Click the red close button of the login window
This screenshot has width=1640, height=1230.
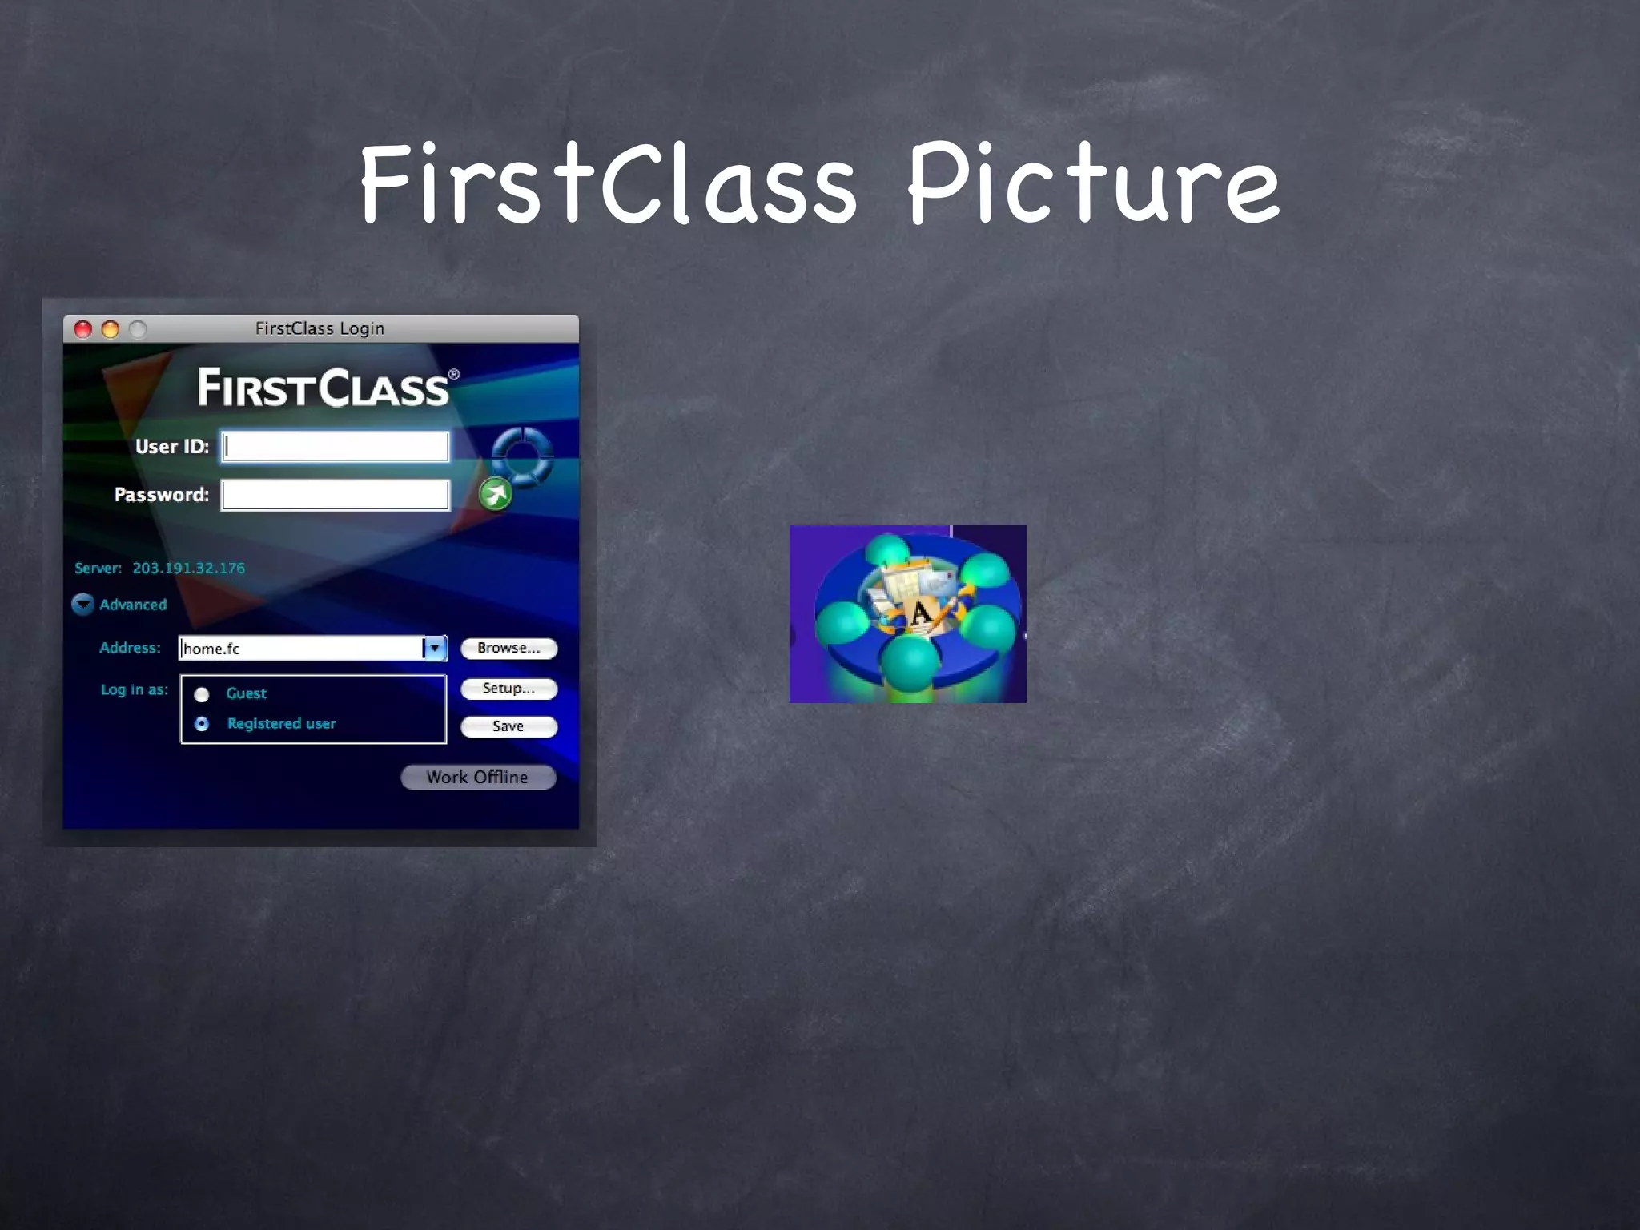(x=83, y=329)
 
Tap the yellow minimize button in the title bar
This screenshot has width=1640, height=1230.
(x=111, y=329)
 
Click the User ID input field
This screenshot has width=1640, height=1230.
(x=336, y=447)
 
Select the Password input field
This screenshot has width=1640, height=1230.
(x=336, y=495)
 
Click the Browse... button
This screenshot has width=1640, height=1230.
(x=508, y=648)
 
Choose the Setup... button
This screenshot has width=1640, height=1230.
(x=508, y=689)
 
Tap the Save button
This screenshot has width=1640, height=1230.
(x=508, y=726)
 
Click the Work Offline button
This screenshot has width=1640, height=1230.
(x=478, y=778)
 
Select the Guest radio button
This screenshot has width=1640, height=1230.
(x=202, y=694)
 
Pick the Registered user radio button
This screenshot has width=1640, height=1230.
(x=202, y=724)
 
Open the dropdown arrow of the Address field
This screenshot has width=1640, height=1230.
(x=435, y=648)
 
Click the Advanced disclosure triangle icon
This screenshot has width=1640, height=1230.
(x=82, y=605)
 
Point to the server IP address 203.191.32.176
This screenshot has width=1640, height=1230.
(x=189, y=569)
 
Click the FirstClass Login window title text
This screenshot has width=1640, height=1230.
(x=320, y=328)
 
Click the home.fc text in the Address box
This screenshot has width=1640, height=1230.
(x=212, y=649)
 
